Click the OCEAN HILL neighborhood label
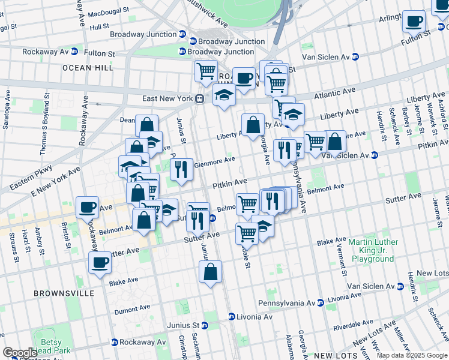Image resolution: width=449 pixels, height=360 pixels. (x=88, y=68)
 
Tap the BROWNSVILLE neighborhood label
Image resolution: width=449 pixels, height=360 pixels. (x=64, y=293)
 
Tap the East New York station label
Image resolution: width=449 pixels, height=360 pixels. (x=166, y=98)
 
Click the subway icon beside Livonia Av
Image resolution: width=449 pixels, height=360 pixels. (x=231, y=316)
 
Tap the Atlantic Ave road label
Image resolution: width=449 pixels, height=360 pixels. (x=334, y=94)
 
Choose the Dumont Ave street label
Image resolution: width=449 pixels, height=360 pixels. (x=131, y=311)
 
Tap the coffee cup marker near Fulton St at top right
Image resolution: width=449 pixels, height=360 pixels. (x=414, y=22)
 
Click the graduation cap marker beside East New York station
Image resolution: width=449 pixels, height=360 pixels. (x=224, y=95)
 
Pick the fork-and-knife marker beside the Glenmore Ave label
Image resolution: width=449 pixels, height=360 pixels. (x=181, y=169)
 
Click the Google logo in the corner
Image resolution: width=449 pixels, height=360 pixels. (x=20, y=353)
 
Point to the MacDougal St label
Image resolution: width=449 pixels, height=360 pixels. (x=108, y=11)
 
